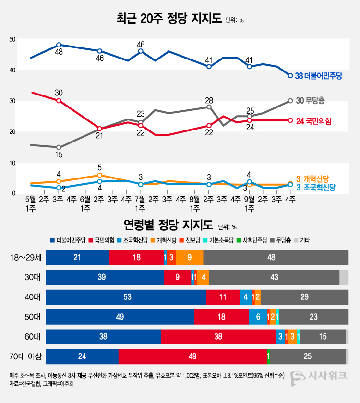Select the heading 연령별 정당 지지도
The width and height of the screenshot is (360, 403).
(x=168, y=225)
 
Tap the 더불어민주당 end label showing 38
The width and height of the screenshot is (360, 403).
(x=319, y=76)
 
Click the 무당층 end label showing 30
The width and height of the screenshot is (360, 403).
(x=310, y=100)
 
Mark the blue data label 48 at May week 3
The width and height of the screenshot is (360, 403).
(x=59, y=52)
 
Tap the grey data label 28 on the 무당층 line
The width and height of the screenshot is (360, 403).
(x=209, y=100)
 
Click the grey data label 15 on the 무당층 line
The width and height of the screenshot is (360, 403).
(x=59, y=154)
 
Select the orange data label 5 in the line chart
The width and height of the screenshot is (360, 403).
(x=99, y=167)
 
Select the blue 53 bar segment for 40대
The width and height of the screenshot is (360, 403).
(x=127, y=297)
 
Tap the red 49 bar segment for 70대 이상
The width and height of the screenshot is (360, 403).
(x=192, y=356)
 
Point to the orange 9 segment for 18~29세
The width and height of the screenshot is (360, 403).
(x=190, y=257)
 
